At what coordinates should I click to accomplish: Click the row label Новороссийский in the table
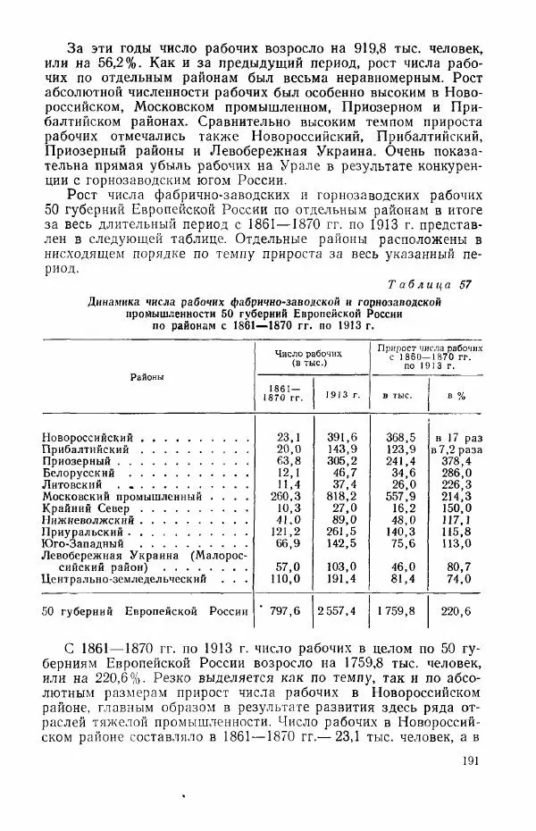88,437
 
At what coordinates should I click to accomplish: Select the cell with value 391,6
342,437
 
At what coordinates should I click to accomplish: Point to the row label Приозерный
75,460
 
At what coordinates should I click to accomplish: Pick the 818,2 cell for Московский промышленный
342,495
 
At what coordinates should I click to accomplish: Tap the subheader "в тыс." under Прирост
397,394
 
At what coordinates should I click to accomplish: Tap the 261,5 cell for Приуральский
342,530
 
